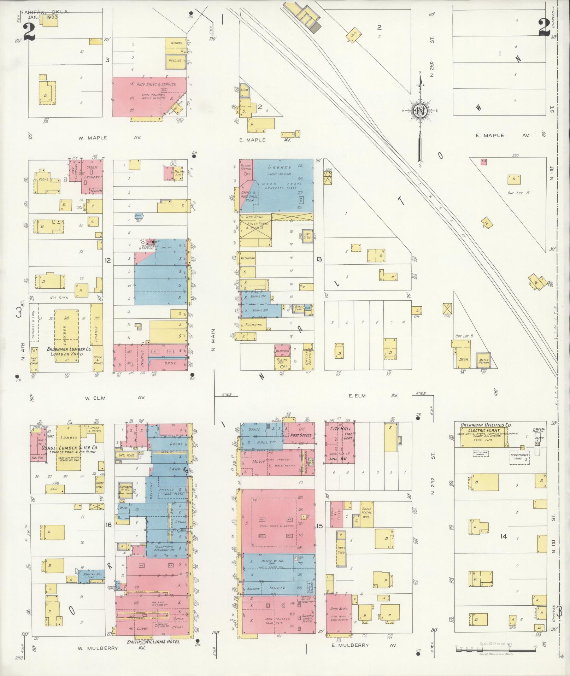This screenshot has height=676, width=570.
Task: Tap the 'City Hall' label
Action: point(337,429)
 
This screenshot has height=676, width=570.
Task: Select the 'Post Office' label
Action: point(300,435)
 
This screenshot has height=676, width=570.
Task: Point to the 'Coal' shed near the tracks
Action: point(354,35)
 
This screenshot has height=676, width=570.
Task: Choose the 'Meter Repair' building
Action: point(483,361)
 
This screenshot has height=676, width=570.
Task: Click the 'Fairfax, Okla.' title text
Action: point(45,12)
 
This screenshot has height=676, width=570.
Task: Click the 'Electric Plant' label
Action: point(484,430)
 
